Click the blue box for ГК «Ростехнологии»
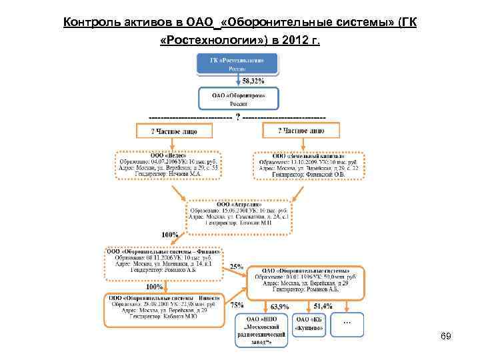237,64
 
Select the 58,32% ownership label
252,81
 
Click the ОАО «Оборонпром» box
237,99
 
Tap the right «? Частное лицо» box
301,131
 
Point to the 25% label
236,267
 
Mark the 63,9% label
279,307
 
